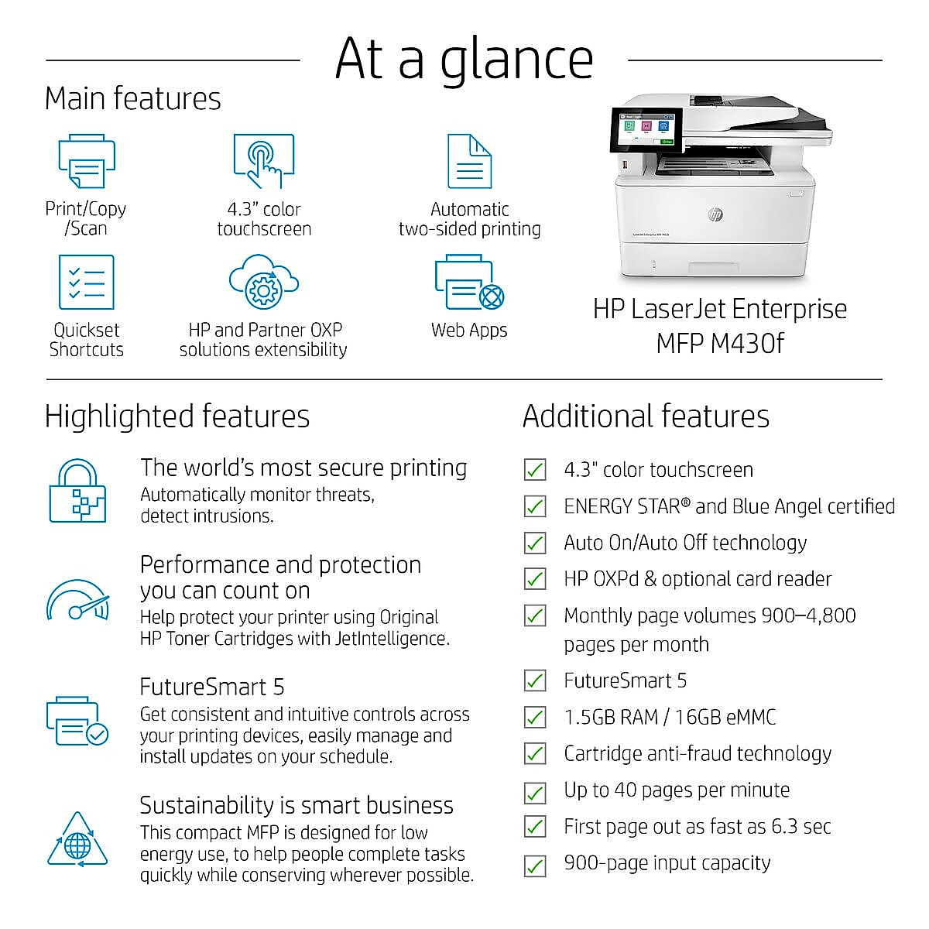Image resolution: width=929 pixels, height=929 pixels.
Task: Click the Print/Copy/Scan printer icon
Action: pos(87,161)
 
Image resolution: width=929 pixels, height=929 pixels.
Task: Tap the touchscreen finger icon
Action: pos(264,161)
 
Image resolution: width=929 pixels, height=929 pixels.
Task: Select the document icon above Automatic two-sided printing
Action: pos(470,161)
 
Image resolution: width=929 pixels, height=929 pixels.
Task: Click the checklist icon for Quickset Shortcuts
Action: pos(87,282)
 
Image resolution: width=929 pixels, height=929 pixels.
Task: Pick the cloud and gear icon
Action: pos(264,282)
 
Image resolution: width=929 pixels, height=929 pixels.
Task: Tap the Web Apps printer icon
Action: pos(470,282)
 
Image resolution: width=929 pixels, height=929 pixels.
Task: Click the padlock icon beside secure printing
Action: pos(77,490)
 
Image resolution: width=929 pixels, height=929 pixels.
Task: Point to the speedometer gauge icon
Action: pos(77,600)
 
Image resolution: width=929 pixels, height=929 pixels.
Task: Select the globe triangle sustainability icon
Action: pos(77,839)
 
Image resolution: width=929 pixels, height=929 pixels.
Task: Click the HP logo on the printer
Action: pos(716,214)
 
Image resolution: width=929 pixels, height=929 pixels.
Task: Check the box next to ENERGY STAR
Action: pos(535,506)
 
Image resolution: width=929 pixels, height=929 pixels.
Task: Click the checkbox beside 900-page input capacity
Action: pos(535,866)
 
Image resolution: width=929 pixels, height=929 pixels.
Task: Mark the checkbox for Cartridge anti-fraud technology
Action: pos(535,753)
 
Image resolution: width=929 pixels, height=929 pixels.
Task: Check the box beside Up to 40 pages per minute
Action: pos(535,793)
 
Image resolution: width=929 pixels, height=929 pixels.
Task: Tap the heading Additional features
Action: pos(646,416)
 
